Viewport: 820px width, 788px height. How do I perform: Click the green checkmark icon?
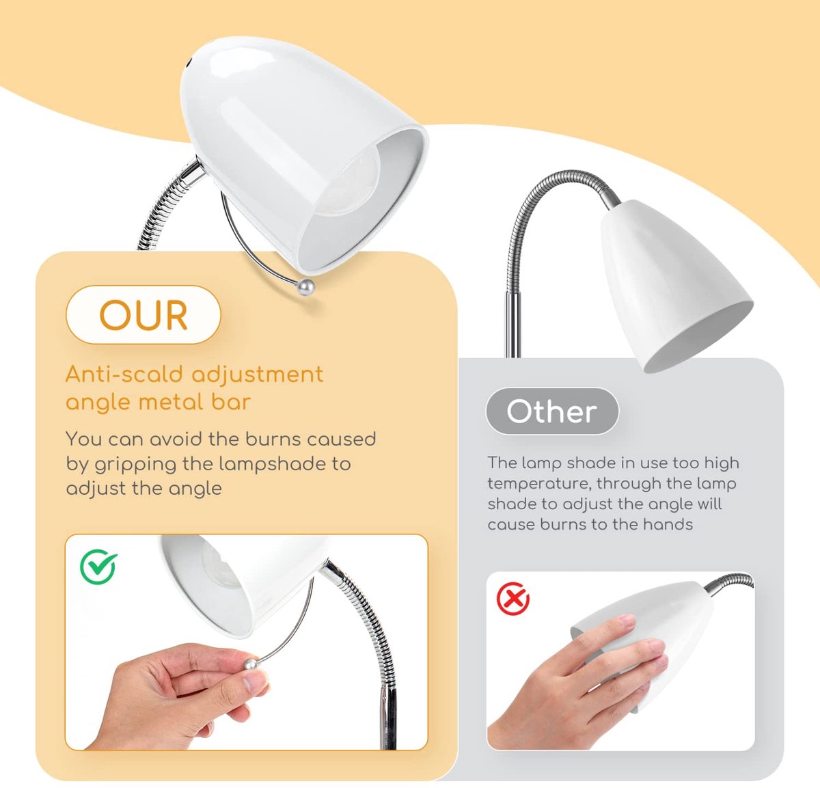click(x=98, y=567)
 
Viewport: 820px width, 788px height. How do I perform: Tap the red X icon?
click(x=512, y=599)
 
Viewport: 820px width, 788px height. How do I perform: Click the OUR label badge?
click(x=143, y=315)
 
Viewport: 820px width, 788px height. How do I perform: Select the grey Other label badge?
click(x=552, y=411)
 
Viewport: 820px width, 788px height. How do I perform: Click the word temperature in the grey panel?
click(x=536, y=484)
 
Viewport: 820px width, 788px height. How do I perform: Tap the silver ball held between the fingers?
click(x=251, y=666)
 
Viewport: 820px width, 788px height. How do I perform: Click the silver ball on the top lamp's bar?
click(x=306, y=288)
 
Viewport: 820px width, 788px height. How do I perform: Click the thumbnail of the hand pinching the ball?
click(x=247, y=642)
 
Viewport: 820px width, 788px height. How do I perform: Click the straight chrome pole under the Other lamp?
click(x=513, y=325)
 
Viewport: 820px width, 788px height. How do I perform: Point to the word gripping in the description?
click(x=135, y=464)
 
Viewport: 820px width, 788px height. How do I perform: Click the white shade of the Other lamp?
click(x=670, y=286)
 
